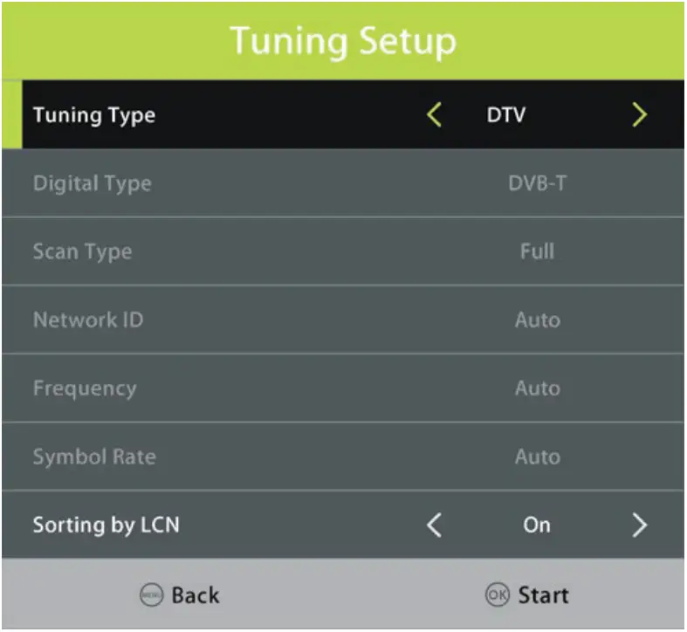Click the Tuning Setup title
click(x=343, y=41)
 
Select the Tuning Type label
click(x=93, y=115)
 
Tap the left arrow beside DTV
click(x=434, y=114)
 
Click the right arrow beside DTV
click(x=640, y=114)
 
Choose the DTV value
click(x=506, y=115)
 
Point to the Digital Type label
click(x=92, y=183)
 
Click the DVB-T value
click(x=538, y=183)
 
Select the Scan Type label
click(x=82, y=251)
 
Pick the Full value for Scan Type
click(x=537, y=251)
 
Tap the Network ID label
click(x=87, y=319)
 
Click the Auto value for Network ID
click(x=537, y=319)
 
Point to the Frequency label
click(x=84, y=388)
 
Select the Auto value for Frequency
click(x=537, y=388)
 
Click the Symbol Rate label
click(x=93, y=457)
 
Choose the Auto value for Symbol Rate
click(x=537, y=457)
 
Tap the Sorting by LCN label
click(x=106, y=525)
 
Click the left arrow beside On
click(x=434, y=525)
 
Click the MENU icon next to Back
click(x=151, y=596)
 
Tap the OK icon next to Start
click(x=497, y=596)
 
